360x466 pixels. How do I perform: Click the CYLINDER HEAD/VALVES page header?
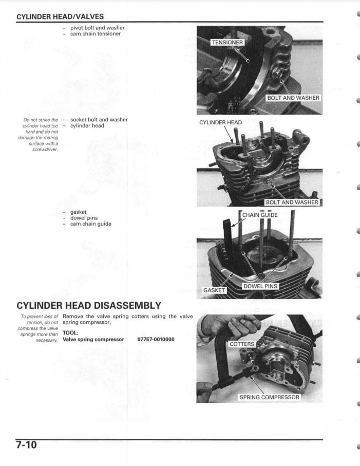60,17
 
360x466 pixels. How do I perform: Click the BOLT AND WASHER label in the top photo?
293,98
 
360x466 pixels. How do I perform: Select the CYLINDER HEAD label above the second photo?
220,123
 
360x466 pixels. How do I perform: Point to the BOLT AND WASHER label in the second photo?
292,202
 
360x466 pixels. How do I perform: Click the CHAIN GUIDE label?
260,215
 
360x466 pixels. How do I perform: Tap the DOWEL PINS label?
260,286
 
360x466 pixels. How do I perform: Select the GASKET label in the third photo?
214,290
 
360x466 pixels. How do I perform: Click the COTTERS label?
241,344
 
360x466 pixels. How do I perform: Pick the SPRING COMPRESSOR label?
269,397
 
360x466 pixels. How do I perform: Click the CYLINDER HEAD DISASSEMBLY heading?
89,306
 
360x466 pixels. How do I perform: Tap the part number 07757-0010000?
156,340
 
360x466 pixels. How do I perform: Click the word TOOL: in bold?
70,332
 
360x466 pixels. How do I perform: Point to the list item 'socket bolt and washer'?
99,120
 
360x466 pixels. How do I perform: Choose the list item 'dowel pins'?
84,218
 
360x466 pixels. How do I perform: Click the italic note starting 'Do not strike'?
40,135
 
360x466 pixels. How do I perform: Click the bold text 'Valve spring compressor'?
93,340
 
